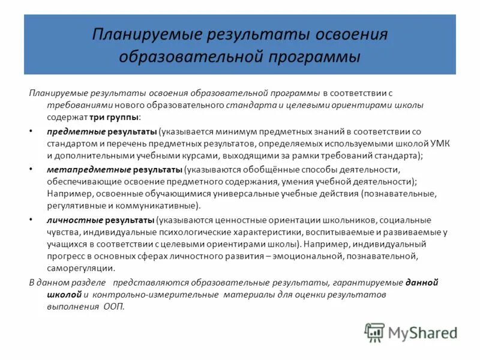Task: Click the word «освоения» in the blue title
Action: (347, 34)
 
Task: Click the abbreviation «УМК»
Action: (440, 143)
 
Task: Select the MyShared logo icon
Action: (375, 332)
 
